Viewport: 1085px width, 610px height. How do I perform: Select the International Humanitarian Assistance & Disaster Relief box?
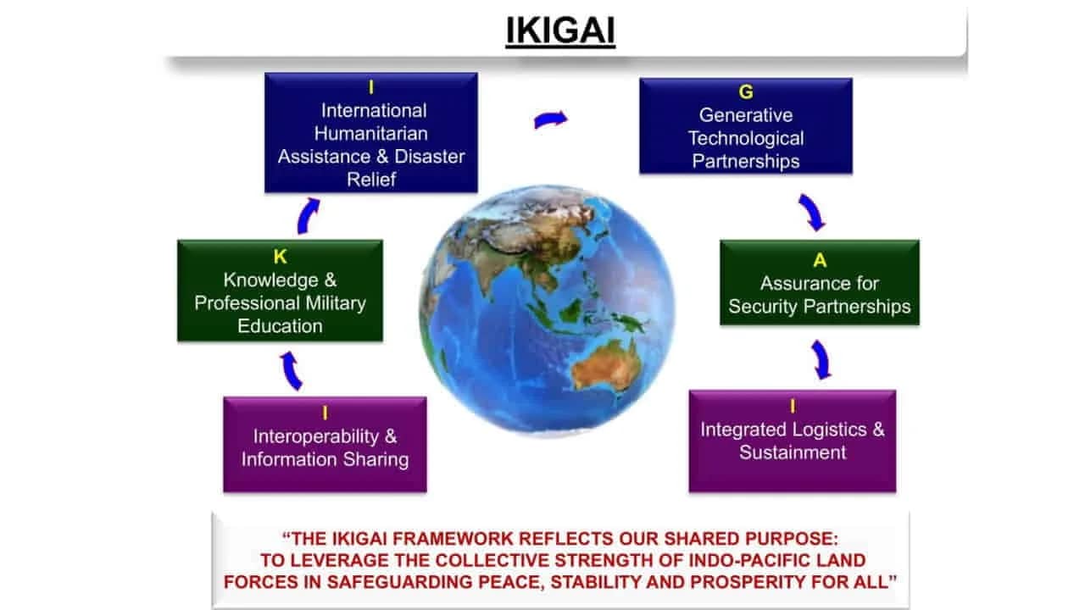point(371,133)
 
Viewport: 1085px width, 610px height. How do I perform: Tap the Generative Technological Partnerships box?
point(745,126)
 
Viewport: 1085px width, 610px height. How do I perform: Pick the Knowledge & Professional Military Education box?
point(280,291)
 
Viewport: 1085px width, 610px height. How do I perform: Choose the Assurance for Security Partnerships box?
point(819,282)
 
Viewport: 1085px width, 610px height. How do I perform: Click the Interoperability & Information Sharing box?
point(325,444)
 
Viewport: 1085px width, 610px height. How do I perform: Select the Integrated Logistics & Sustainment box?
point(792,441)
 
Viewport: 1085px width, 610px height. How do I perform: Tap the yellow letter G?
point(746,91)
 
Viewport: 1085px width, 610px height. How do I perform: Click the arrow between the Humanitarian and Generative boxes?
point(550,120)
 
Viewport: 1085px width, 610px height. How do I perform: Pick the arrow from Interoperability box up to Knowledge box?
point(291,370)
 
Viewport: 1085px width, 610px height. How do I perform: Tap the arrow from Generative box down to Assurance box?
point(811,212)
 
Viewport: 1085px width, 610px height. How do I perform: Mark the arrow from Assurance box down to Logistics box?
point(820,359)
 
